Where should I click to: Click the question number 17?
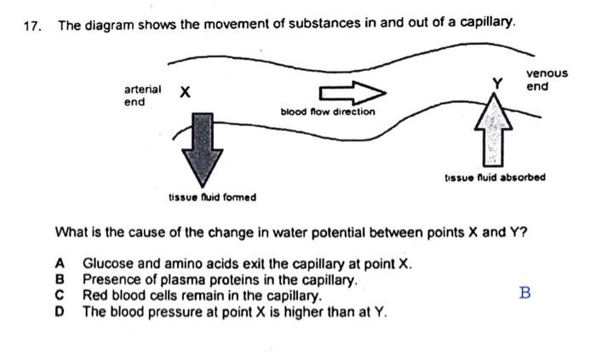(x=32, y=25)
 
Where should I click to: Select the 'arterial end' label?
(x=142, y=96)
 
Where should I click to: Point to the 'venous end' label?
(x=547, y=80)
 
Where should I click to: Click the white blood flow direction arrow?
(x=352, y=91)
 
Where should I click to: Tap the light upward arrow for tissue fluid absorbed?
(x=490, y=131)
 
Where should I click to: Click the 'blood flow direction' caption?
(x=327, y=112)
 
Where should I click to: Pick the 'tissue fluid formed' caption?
(x=212, y=197)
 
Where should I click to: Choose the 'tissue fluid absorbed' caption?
(x=495, y=177)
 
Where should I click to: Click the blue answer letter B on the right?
(x=524, y=293)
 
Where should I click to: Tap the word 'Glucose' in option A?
(x=106, y=265)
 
